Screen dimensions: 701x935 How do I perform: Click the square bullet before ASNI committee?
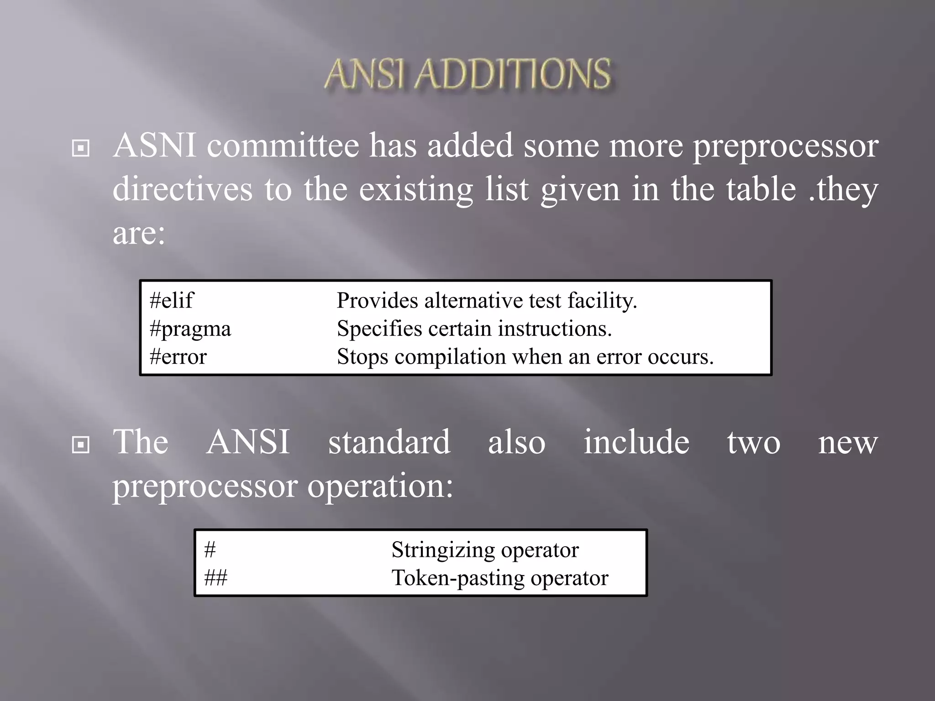(81, 148)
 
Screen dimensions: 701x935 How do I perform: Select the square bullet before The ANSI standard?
(81, 445)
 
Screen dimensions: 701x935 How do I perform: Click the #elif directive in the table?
(171, 301)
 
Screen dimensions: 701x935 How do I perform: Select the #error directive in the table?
(178, 357)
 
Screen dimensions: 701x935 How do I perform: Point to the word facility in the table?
(602, 301)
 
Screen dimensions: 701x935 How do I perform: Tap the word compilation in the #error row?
(450, 357)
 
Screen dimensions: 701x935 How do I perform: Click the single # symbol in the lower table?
(210, 550)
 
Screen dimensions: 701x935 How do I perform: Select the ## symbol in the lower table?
(216, 578)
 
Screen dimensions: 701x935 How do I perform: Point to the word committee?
(283, 146)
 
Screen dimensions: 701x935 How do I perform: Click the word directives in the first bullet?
(182, 189)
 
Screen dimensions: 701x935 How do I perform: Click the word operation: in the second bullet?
(380, 486)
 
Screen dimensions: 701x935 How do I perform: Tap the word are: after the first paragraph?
(138, 233)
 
